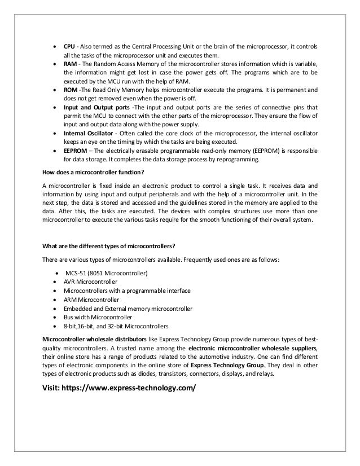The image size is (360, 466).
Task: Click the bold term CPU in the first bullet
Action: tap(69, 45)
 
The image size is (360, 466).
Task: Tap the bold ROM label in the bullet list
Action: tap(70, 90)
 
